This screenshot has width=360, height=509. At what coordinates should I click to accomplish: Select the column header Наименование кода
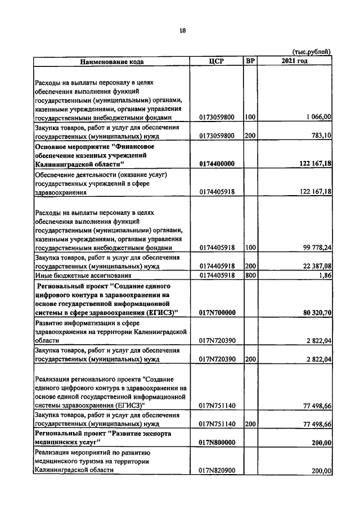(x=111, y=61)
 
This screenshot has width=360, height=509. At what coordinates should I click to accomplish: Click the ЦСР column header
(x=217, y=61)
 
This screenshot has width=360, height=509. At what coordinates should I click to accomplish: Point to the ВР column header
(x=250, y=61)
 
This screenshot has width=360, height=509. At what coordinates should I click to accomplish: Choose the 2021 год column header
(x=295, y=61)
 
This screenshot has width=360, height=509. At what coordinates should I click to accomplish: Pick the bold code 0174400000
(x=217, y=164)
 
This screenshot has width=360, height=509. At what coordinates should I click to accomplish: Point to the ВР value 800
(x=250, y=276)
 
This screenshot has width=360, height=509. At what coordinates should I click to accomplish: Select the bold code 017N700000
(x=217, y=313)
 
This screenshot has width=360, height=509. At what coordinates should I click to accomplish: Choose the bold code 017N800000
(x=217, y=443)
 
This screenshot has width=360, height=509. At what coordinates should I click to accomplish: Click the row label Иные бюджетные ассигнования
(x=83, y=276)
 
